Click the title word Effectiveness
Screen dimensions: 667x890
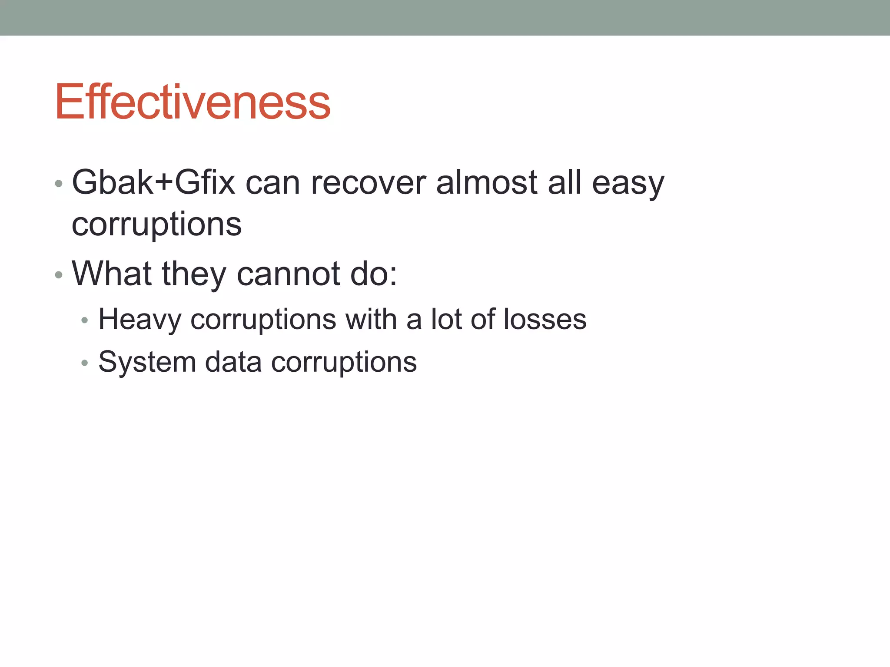click(x=193, y=102)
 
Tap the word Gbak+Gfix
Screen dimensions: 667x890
click(x=153, y=182)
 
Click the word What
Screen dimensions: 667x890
click(x=112, y=274)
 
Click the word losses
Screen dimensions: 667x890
click(x=545, y=320)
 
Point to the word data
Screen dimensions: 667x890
click(x=233, y=362)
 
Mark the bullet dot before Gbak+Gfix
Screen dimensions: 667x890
click(x=59, y=184)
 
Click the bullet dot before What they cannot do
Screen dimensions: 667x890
click(x=59, y=275)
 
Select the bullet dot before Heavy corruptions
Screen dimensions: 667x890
click(x=85, y=321)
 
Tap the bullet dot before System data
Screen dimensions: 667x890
click(x=85, y=363)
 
